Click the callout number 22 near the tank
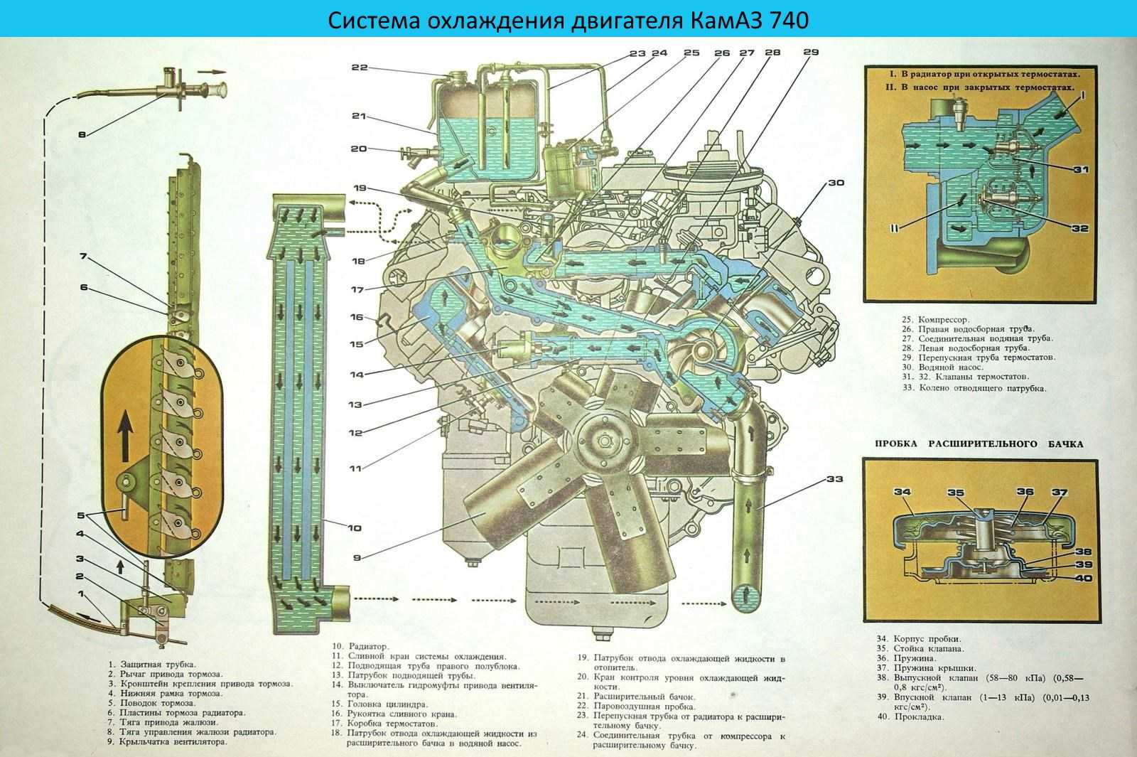click(359, 68)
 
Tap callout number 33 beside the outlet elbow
click(835, 480)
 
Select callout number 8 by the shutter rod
click(82, 133)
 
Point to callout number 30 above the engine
click(835, 183)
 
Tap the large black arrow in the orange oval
click(126, 433)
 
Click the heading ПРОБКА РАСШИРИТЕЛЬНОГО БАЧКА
click(973, 444)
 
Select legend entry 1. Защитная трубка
click(150, 663)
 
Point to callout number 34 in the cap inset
click(902, 492)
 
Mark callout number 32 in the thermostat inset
click(1080, 229)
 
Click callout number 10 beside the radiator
click(354, 528)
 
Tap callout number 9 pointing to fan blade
click(357, 558)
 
